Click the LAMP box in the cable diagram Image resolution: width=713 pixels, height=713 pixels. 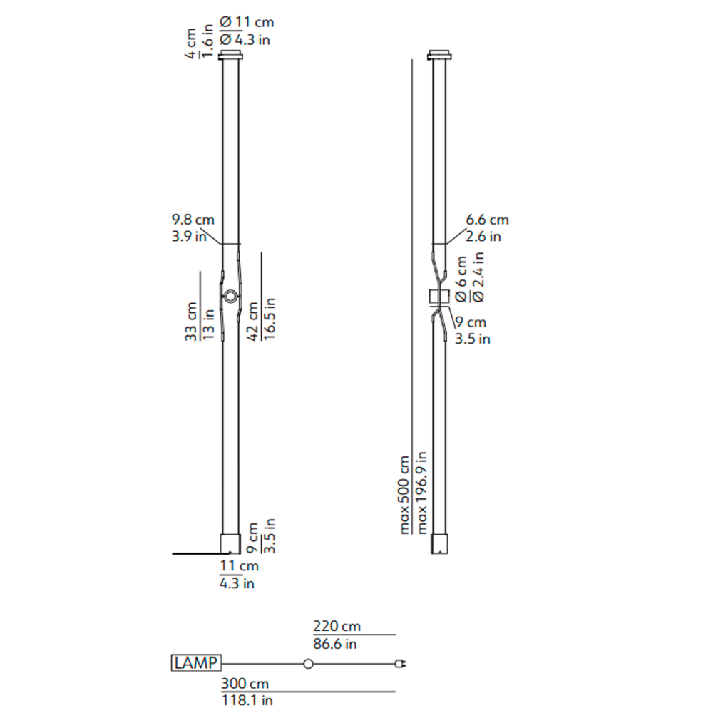pyautogui.click(x=196, y=663)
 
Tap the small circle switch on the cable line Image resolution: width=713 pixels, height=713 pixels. pyautogui.click(x=308, y=664)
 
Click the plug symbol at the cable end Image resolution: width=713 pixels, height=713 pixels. pyautogui.click(x=401, y=664)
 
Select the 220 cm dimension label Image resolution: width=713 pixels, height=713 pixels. pyautogui.click(x=337, y=626)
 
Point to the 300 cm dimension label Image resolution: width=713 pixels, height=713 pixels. pyautogui.click(x=245, y=684)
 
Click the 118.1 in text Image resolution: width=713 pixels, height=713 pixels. pyautogui.click(x=247, y=700)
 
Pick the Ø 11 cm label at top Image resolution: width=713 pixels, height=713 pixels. pyautogui.click(x=247, y=22)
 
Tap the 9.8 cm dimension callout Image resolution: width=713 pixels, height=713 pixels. pyautogui.click(x=193, y=220)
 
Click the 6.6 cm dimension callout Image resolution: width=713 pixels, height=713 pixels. pyautogui.click(x=487, y=220)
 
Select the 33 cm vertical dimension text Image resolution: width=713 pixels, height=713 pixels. pyautogui.click(x=191, y=322)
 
